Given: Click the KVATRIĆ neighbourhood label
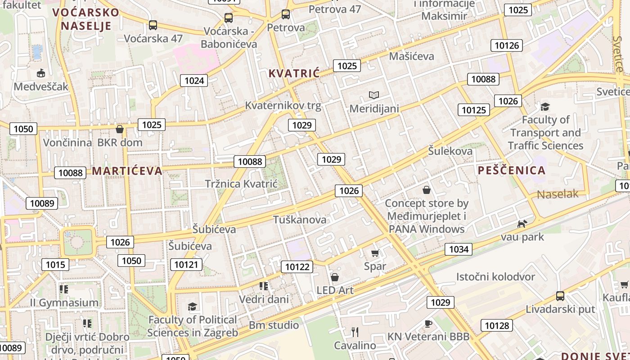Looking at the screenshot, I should tap(294, 73).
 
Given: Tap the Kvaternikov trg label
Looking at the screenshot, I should tap(283, 106).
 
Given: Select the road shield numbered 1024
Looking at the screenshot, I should tap(194, 81).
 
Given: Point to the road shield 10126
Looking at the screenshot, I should tap(507, 45).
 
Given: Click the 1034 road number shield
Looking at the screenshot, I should tap(459, 249).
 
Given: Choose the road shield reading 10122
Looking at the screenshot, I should tap(297, 267).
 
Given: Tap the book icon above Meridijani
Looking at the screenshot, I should tap(374, 95).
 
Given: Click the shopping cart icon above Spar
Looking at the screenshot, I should tap(375, 253).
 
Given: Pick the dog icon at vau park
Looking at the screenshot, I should tap(522, 224).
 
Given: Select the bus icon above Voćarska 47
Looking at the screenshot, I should tap(153, 25).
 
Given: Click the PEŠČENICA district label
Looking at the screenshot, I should tap(512, 171).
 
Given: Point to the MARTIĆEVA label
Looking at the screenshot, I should tap(127, 171).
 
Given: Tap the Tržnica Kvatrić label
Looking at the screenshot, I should tap(241, 184).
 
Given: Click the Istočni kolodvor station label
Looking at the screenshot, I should tap(495, 277).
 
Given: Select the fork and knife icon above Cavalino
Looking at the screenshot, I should tap(355, 332).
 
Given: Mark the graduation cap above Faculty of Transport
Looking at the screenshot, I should tap(545, 107).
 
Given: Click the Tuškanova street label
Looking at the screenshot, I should tap(300, 220).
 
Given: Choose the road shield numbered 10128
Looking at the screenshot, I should tap(497, 325).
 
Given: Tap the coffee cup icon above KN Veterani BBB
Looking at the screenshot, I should tap(428, 324).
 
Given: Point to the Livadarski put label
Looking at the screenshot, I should tap(560, 310).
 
